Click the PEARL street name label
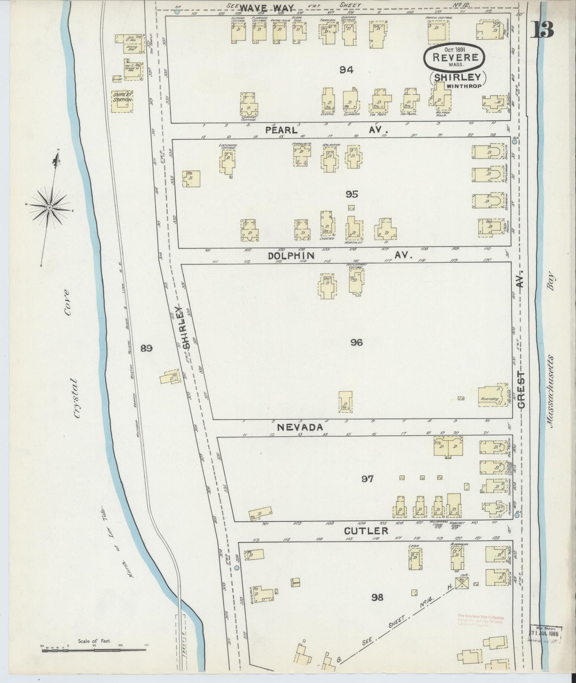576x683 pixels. (x=282, y=130)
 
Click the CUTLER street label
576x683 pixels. (x=366, y=531)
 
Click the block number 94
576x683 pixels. (x=346, y=70)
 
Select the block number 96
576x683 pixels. (x=356, y=342)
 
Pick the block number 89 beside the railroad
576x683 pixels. (x=147, y=348)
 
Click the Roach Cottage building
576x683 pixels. (x=439, y=32)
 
